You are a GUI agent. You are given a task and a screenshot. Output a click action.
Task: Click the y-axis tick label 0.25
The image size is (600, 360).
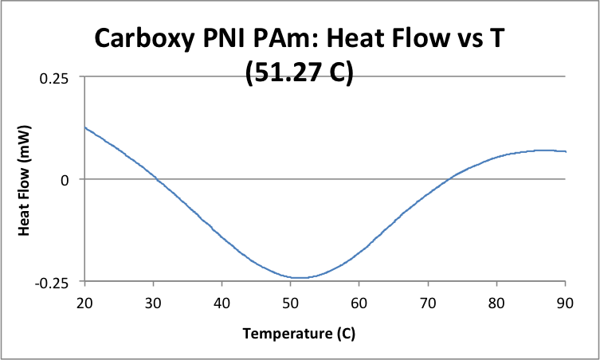[x=53, y=77]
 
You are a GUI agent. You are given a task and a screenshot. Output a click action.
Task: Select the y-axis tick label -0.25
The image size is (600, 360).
[x=50, y=282]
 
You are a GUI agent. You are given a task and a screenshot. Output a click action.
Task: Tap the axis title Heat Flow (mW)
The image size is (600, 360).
[x=24, y=180]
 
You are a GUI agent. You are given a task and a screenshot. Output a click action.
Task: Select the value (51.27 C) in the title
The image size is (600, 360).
[x=300, y=73]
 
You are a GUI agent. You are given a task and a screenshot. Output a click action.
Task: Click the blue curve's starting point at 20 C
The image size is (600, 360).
[x=85, y=127]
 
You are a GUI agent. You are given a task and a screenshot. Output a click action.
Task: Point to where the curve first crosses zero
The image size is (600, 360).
[x=156, y=180]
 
